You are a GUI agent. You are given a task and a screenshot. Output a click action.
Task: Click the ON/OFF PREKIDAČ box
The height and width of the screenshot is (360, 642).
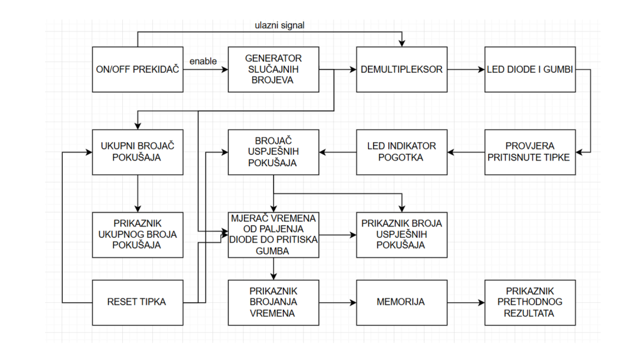point(138,69)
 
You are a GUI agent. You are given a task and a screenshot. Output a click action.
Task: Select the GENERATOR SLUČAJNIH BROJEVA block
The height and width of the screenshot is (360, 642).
point(273,69)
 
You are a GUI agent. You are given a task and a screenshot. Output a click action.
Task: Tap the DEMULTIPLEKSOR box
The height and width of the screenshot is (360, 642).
point(402,69)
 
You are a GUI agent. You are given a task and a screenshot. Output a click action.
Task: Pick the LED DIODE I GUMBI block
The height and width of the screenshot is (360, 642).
point(530,69)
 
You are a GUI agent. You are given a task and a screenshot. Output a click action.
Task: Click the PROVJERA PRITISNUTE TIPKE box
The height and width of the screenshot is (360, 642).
point(530,152)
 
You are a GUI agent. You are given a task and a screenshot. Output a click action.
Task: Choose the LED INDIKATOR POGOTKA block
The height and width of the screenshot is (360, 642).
point(402,152)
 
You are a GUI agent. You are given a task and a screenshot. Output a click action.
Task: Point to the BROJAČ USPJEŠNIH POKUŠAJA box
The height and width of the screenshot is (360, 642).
point(273,152)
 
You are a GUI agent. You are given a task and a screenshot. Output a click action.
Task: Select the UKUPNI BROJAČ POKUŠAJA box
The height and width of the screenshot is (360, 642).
point(138,152)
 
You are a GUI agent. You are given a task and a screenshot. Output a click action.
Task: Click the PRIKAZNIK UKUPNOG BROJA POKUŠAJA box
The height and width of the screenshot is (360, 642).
point(138,235)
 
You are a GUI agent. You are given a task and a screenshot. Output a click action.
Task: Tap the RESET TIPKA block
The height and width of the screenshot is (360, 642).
point(138,302)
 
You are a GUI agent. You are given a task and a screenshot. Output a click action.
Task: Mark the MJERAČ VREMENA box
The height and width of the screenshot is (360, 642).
point(273,235)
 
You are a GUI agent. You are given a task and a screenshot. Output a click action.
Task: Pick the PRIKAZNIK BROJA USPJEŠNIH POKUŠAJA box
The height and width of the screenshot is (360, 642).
point(402,235)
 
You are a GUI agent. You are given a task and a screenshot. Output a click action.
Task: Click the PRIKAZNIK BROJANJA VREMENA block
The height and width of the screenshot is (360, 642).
point(273,302)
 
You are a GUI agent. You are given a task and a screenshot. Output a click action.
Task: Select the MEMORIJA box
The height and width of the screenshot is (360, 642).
point(402,302)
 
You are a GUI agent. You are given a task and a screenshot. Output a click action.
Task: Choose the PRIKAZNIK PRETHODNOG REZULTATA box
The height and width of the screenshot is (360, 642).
point(530,302)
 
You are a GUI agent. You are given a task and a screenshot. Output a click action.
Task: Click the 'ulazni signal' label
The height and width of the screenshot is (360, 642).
point(279,26)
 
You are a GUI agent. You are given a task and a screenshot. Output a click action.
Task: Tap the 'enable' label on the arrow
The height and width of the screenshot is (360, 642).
point(203,61)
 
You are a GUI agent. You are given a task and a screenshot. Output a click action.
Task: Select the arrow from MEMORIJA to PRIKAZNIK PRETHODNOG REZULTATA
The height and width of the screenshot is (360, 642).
point(466,302)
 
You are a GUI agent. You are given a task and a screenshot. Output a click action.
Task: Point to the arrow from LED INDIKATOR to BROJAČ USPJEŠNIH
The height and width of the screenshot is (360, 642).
point(338,152)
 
